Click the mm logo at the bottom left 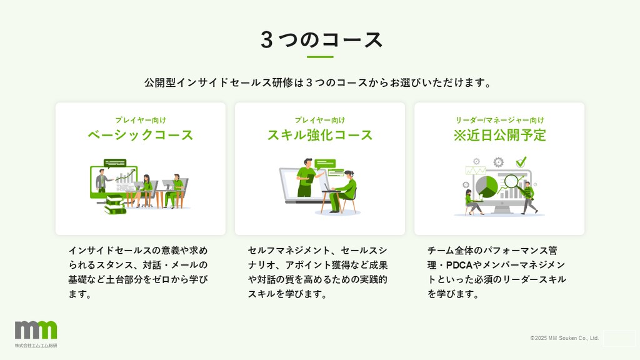click(x=36, y=330)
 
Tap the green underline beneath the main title click(x=320, y=57)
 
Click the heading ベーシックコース click(x=141, y=135)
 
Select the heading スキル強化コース click(x=320, y=135)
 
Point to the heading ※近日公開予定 click(x=499, y=135)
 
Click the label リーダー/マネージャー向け click(x=499, y=120)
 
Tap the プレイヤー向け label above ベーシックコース click(x=141, y=120)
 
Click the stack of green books click(x=115, y=205)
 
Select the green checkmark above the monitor click(x=521, y=162)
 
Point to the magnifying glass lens click(x=511, y=181)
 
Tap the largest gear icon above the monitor click(x=498, y=162)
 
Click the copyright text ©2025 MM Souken click(x=564, y=338)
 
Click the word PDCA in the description click(x=459, y=265)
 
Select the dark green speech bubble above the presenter click(x=115, y=163)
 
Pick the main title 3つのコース click(x=322, y=40)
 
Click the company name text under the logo click(x=36, y=345)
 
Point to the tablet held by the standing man click(x=311, y=179)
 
